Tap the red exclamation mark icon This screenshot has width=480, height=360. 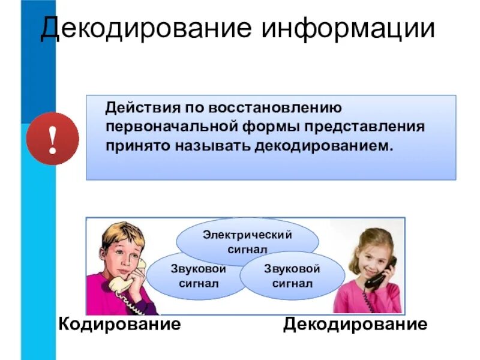click(x=53, y=139)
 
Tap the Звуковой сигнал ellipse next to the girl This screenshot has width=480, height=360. click(x=292, y=275)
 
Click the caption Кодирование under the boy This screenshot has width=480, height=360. click(x=119, y=325)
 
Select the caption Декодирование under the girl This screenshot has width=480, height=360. click(x=356, y=325)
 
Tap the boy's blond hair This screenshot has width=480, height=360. click(x=123, y=235)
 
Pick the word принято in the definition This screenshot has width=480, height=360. click(x=138, y=146)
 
